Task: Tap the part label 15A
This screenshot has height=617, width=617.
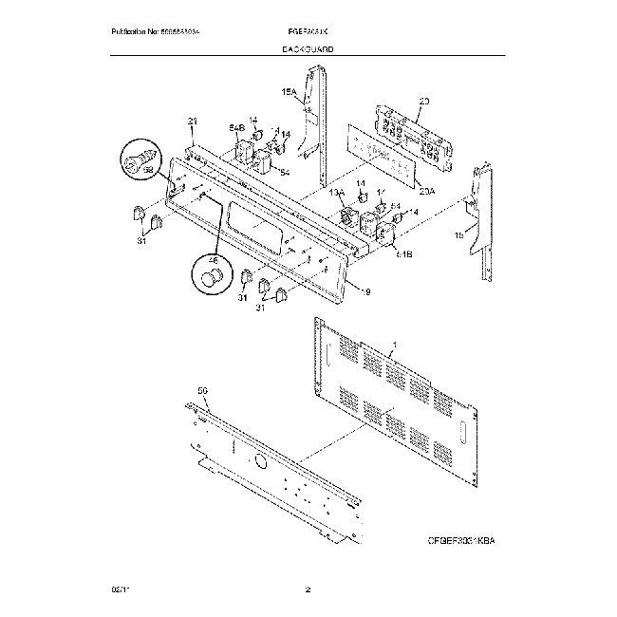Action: click(x=290, y=92)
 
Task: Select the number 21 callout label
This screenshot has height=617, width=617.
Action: click(x=193, y=122)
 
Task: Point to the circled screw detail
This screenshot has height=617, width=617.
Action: click(x=140, y=161)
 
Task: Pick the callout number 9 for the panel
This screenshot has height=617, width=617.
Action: click(x=366, y=291)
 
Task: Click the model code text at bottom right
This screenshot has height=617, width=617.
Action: click(x=460, y=540)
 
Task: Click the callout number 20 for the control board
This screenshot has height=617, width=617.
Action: click(x=423, y=101)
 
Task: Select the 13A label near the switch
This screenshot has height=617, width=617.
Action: click(x=336, y=193)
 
